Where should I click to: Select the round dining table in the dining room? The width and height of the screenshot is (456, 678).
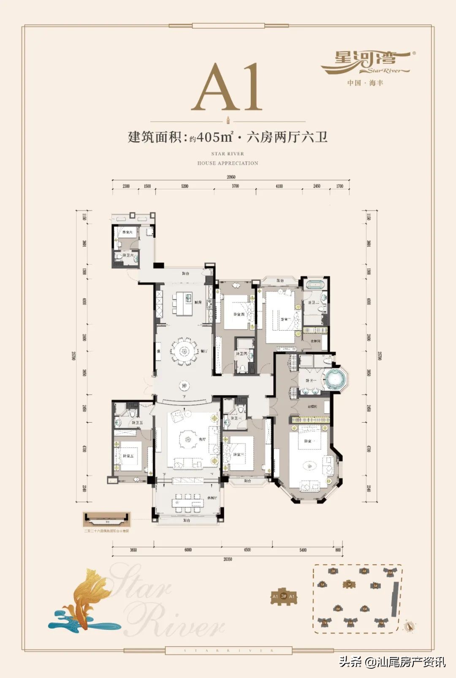183,350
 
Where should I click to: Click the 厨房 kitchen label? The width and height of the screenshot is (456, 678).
198,302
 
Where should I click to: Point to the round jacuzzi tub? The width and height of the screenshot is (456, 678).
336,379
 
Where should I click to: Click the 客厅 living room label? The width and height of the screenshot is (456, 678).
202,439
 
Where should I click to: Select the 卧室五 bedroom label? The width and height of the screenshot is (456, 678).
128,456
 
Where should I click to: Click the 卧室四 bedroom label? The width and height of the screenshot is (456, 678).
239,314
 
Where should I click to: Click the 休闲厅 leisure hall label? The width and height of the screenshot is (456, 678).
212,498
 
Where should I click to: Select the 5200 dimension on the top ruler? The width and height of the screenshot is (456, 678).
185,186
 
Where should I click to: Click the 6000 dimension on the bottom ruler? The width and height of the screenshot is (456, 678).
188,550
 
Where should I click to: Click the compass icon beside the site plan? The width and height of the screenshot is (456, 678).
408,626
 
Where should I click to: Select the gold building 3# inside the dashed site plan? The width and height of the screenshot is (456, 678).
348,584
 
